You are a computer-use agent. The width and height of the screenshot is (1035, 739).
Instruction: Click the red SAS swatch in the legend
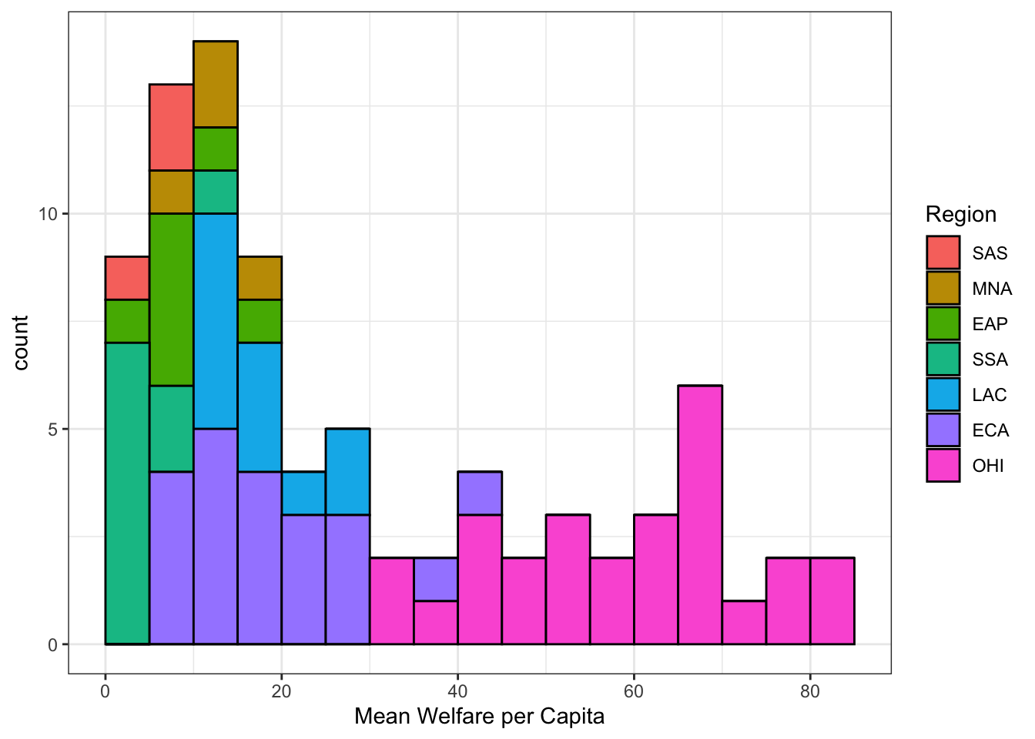pyautogui.click(x=943, y=252)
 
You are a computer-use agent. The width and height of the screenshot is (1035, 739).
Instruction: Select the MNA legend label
pyautogui.click(x=991, y=289)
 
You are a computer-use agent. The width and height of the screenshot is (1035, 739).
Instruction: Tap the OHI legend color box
pyautogui.click(x=943, y=465)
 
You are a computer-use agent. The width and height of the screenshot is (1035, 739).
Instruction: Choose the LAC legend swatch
pyautogui.click(x=943, y=394)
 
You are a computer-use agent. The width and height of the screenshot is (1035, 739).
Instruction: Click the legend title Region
pyautogui.click(x=960, y=214)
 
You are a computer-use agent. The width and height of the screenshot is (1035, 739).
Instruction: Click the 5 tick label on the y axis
pyautogui.click(x=52, y=430)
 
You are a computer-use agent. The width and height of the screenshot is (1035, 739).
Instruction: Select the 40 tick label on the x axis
pyautogui.click(x=457, y=691)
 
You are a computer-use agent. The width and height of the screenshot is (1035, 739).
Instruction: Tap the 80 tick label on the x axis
pyautogui.click(x=809, y=691)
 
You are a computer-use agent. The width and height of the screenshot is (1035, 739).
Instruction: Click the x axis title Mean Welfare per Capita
pyautogui.click(x=479, y=717)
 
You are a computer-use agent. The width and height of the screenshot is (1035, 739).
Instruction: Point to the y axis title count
pyautogui.click(x=21, y=343)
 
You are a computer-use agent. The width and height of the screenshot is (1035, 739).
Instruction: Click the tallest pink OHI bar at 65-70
pyautogui.click(x=700, y=514)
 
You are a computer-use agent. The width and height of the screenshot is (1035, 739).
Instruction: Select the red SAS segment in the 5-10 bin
pyautogui.click(x=171, y=127)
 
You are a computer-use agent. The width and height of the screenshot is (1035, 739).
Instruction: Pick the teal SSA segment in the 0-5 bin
pyautogui.click(x=127, y=493)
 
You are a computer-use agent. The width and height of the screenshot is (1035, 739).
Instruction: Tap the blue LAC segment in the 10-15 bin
pyautogui.click(x=216, y=321)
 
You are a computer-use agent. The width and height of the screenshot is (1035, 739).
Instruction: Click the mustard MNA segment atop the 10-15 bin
pyautogui.click(x=216, y=84)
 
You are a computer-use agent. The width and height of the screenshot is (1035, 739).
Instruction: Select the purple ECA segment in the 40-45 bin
pyautogui.click(x=480, y=493)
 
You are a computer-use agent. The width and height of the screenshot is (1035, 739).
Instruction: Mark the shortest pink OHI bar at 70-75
pyautogui.click(x=744, y=622)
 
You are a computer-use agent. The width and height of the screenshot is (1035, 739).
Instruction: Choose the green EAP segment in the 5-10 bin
pyautogui.click(x=171, y=299)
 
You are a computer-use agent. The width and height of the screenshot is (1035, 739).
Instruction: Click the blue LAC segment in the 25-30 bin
pyautogui.click(x=347, y=471)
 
